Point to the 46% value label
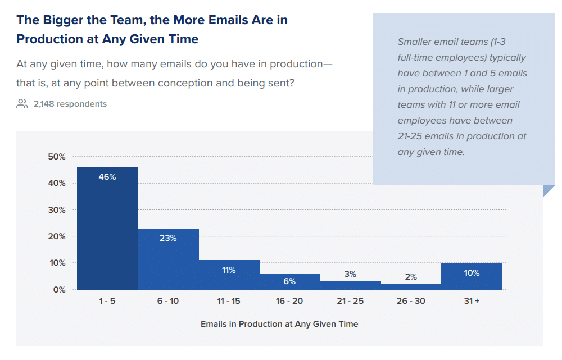[x=107, y=177]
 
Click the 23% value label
[x=167, y=238]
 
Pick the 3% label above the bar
[x=350, y=274]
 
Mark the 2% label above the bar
[x=411, y=276]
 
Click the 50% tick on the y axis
[x=57, y=157]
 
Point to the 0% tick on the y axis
[x=60, y=290]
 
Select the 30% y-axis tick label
[x=57, y=210]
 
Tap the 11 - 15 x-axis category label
[x=229, y=301]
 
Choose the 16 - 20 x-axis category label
[x=289, y=301]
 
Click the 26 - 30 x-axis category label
[x=411, y=301]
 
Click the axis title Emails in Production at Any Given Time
[x=279, y=324]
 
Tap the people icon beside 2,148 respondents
[x=22, y=104]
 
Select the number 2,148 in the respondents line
[x=44, y=104]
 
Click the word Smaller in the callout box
[x=415, y=42]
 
